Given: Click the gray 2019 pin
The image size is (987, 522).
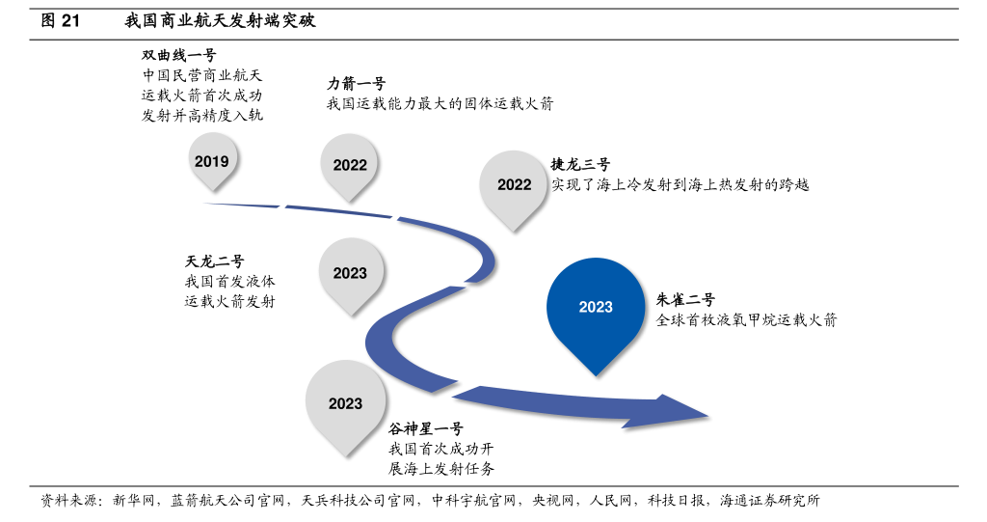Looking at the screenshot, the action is [212, 156].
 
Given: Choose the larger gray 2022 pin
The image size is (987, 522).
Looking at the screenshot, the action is [513, 183].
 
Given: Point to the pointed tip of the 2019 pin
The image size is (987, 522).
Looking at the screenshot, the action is [212, 189].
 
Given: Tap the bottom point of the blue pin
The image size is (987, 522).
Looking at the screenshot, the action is [596, 374].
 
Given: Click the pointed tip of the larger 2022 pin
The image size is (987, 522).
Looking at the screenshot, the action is [513, 230].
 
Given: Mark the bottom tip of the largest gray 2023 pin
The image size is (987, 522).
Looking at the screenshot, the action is [345, 455].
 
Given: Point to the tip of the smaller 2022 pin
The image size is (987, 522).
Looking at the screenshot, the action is [349, 201].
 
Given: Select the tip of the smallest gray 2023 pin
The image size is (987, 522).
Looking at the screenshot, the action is [351, 315].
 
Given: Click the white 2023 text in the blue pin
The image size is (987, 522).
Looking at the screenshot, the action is [596, 307].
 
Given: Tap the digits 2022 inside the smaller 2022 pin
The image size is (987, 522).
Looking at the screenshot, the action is [350, 165].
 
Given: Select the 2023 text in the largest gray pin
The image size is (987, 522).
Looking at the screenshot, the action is [345, 403].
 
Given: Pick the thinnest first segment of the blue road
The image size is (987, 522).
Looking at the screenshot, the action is [241, 205].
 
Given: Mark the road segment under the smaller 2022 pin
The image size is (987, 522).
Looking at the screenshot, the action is [337, 210].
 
